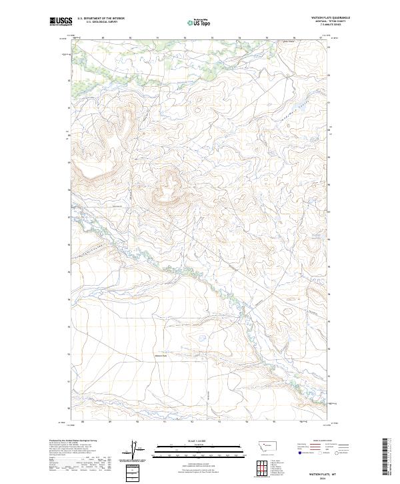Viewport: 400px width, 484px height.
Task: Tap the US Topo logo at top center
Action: click(x=199, y=22)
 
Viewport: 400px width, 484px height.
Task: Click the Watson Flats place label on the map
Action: click(x=162, y=355)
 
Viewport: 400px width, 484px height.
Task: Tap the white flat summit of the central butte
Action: click(x=170, y=182)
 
